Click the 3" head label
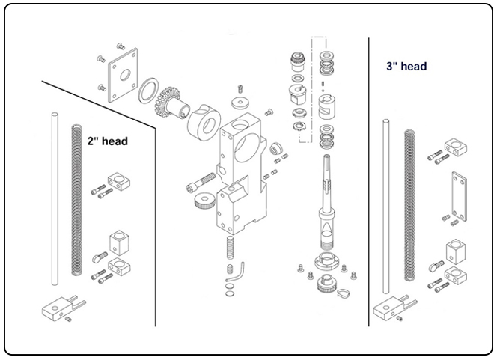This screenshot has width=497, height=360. coord(406,66)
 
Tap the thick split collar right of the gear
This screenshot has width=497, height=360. coord(202,120)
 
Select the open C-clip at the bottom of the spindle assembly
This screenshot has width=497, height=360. coord(345,293)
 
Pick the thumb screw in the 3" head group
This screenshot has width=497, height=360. coord(437,264)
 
